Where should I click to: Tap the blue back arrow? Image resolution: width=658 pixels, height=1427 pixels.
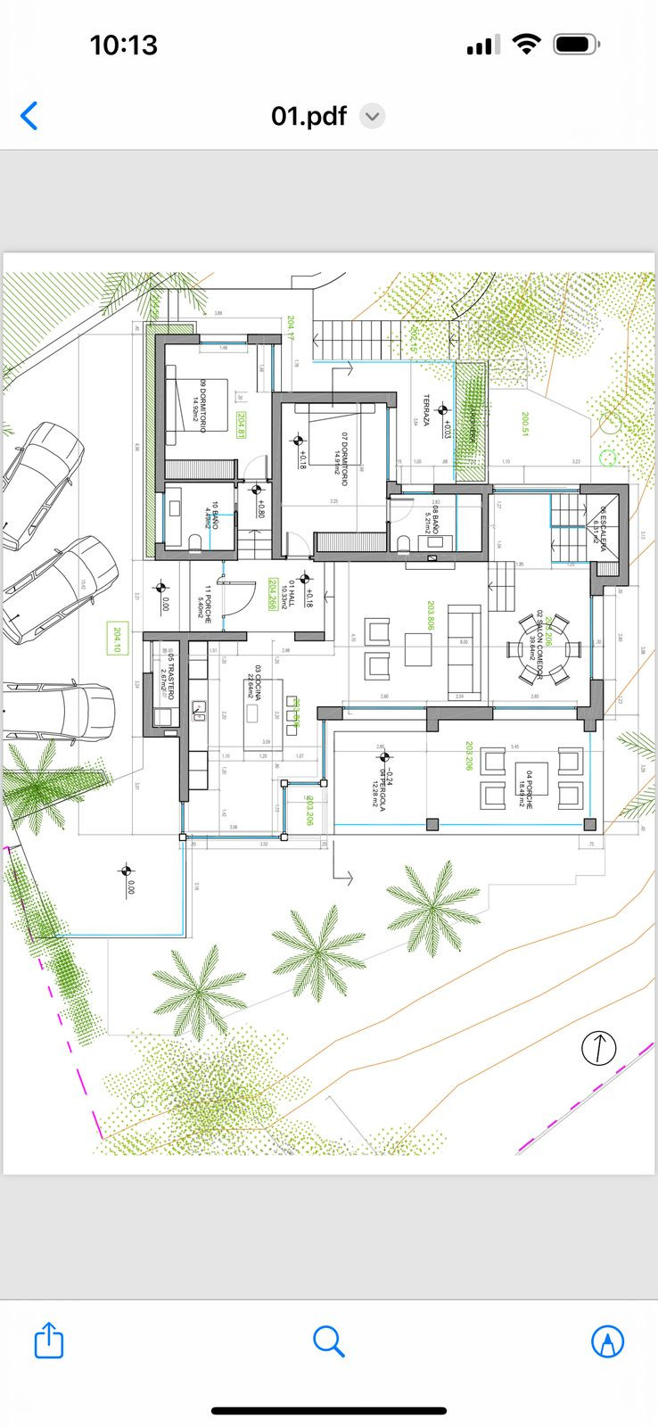point(29,116)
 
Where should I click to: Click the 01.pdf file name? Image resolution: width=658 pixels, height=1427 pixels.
point(308,116)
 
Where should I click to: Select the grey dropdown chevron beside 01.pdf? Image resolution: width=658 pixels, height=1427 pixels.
point(372,117)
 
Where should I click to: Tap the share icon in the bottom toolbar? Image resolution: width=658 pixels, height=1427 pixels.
point(49,1340)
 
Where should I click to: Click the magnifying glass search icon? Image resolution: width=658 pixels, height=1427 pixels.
point(328,1340)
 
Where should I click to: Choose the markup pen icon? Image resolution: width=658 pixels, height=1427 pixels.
point(607,1340)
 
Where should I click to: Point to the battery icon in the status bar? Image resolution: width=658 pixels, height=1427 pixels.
point(575,45)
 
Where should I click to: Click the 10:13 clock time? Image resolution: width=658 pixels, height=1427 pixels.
point(123,45)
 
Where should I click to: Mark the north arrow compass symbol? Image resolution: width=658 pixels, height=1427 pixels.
point(598,1047)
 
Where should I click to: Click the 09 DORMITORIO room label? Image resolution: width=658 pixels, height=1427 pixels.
point(202,407)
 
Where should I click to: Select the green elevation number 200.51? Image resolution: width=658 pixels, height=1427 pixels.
point(526,424)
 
